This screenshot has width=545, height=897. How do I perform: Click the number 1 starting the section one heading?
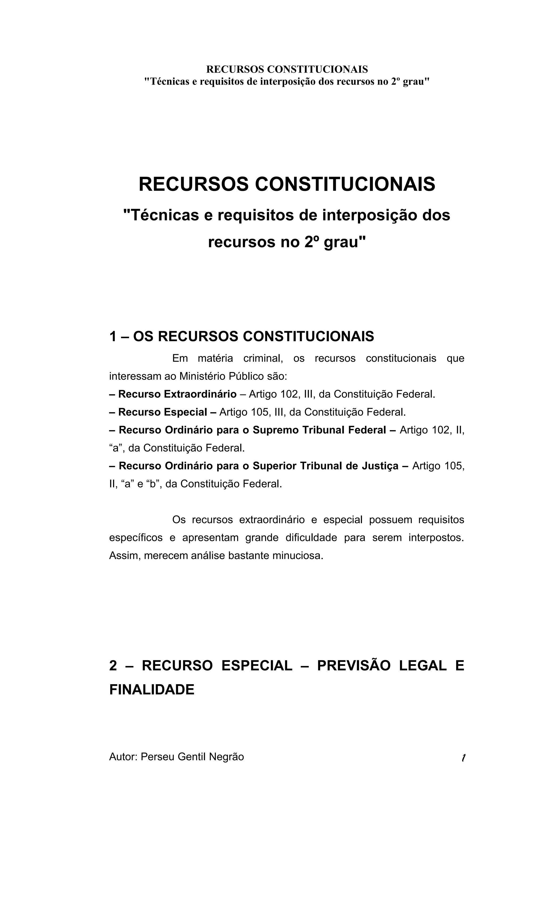(x=113, y=336)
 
